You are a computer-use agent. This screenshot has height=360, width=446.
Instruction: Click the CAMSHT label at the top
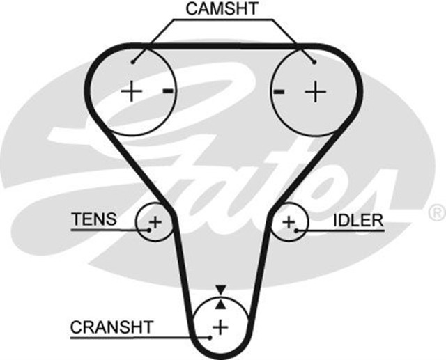(222, 9)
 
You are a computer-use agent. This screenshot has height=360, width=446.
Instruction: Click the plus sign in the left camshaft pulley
(131, 91)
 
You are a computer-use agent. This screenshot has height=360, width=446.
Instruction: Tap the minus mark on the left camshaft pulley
(167, 91)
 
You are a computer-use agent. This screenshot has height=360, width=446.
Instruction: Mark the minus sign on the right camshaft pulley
(279, 91)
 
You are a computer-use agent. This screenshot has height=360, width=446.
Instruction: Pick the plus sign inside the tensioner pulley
(155, 222)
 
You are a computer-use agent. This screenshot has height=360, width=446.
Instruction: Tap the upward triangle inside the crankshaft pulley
(221, 303)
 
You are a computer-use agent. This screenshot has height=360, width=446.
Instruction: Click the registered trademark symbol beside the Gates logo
(437, 210)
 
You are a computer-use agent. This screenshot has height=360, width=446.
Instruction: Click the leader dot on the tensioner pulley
(149, 229)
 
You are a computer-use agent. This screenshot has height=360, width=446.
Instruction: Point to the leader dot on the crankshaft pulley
(209, 337)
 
